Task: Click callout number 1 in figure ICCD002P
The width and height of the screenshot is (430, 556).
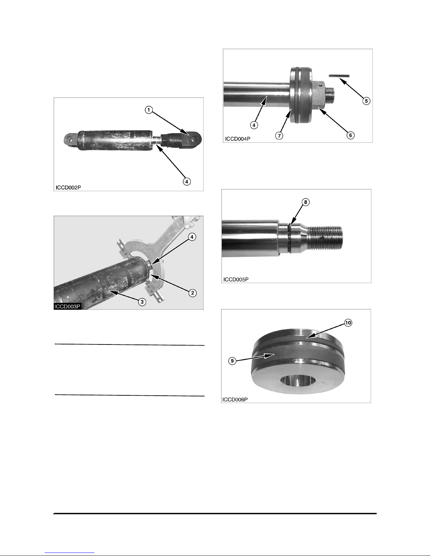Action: tap(149, 110)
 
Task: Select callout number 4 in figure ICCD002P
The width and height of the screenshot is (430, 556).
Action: tap(187, 181)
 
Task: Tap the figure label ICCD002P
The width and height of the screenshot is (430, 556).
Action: tap(68, 188)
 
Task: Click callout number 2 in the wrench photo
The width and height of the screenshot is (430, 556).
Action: tap(192, 293)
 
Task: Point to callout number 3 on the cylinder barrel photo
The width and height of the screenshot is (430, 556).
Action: tap(142, 302)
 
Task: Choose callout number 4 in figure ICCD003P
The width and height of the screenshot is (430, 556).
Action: tap(192, 237)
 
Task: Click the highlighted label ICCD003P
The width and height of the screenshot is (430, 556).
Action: tap(67, 306)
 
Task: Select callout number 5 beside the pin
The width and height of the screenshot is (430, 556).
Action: tap(366, 101)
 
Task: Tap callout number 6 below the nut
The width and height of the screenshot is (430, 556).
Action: tap(350, 135)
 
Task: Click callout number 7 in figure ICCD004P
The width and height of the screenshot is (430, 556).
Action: tap(279, 135)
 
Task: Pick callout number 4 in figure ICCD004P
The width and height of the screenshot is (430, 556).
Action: tap(254, 125)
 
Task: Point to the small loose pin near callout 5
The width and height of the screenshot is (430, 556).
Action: tap(339, 75)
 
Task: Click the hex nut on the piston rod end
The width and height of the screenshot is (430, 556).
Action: tap(319, 94)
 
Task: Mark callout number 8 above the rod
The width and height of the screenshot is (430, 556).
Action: tap(305, 202)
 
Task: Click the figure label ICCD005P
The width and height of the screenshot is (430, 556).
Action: tap(236, 280)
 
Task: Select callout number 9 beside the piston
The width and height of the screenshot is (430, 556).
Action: tap(232, 361)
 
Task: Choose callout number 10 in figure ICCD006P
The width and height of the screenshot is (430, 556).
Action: tap(348, 323)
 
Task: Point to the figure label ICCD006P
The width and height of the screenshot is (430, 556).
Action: tap(235, 400)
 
